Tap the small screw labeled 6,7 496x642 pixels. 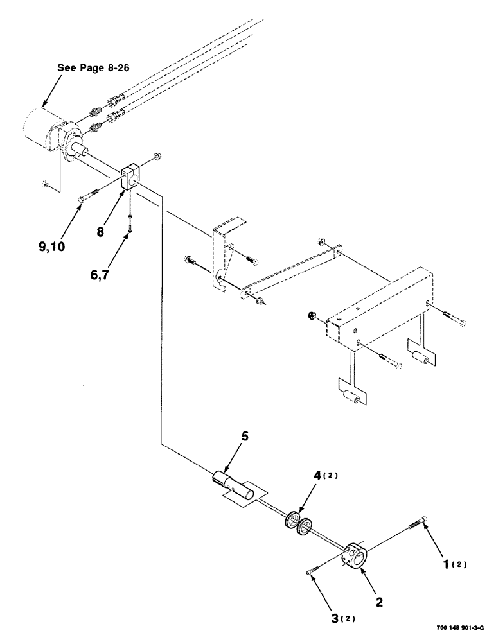(x=130, y=221)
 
